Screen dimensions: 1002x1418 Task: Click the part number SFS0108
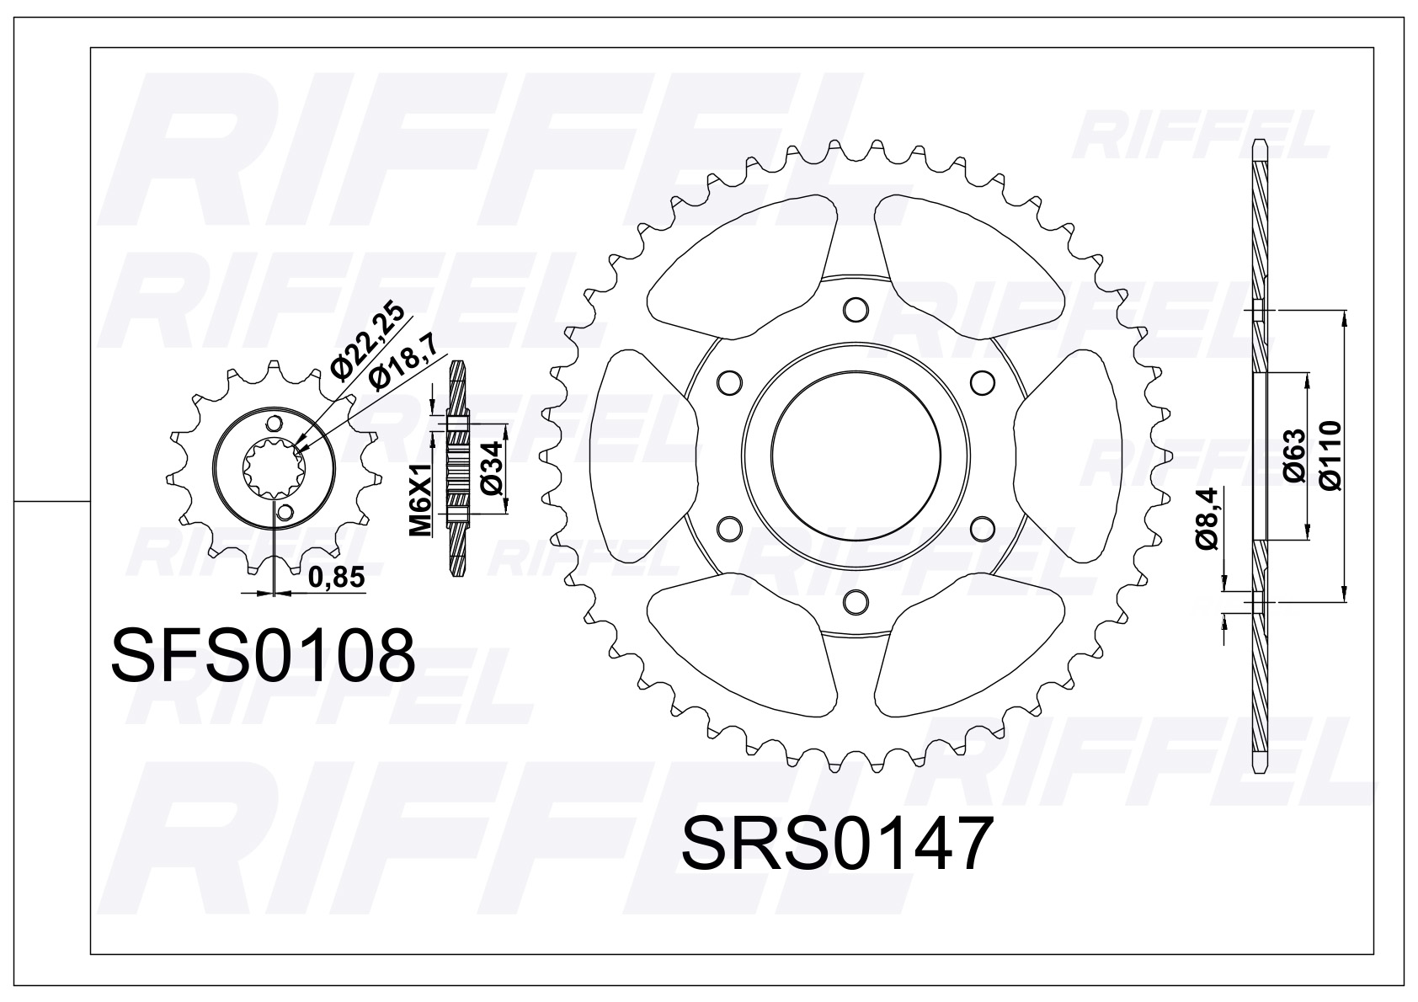point(263,656)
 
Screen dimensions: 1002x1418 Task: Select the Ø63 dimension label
point(1295,456)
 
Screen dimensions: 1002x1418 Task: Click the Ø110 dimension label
point(1331,456)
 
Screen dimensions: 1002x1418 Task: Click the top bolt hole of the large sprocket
point(855,309)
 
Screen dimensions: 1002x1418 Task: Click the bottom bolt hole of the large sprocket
point(855,601)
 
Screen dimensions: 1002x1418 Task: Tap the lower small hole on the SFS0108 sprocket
point(287,512)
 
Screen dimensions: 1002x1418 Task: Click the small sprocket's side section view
point(457,468)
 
